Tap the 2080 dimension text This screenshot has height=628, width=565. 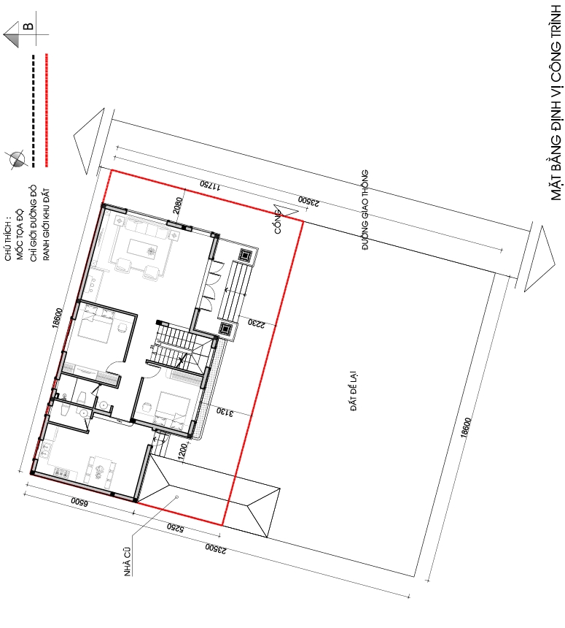tap(178, 205)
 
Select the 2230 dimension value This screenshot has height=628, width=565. tap(256, 323)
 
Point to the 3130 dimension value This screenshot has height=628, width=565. tap(225, 411)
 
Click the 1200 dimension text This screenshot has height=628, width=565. tap(182, 453)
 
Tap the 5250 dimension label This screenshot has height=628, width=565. tap(175, 527)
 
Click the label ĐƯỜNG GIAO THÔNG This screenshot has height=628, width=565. tap(365, 210)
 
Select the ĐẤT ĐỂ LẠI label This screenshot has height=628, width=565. tap(354, 391)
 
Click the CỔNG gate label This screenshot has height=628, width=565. tap(278, 222)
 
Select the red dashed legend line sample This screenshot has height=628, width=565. tap(47, 110)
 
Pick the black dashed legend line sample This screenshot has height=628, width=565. tap(34, 111)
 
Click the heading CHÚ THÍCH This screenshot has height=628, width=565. tap(8, 245)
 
